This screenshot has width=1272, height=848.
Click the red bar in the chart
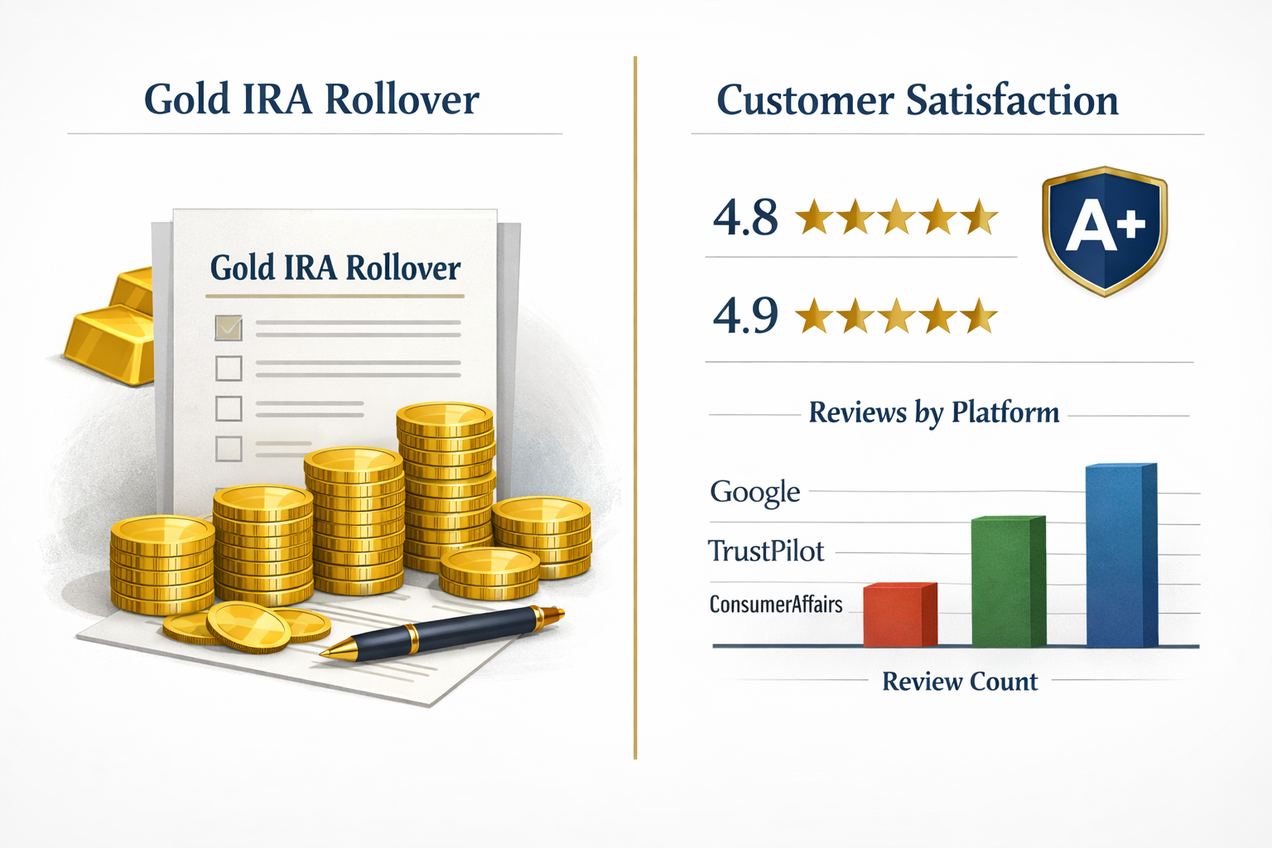[899, 616]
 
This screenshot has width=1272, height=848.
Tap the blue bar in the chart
[1120, 556]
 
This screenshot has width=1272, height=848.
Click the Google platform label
[754, 492]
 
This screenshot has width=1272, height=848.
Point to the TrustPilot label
[766, 551]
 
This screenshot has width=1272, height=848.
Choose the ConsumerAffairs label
[776, 605]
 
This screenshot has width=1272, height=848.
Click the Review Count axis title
[959, 682]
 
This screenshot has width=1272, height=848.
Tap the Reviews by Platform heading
[933, 412]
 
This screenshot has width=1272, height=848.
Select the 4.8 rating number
[745, 218]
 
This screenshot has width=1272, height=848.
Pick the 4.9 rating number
[745, 316]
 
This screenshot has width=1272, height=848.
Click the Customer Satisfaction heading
[917, 101]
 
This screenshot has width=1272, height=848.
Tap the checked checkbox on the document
[229, 328]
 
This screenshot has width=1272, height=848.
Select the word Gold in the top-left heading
[187, 99]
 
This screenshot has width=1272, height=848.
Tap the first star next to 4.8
[813, 217]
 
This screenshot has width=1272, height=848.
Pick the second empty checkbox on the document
[229, 408]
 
